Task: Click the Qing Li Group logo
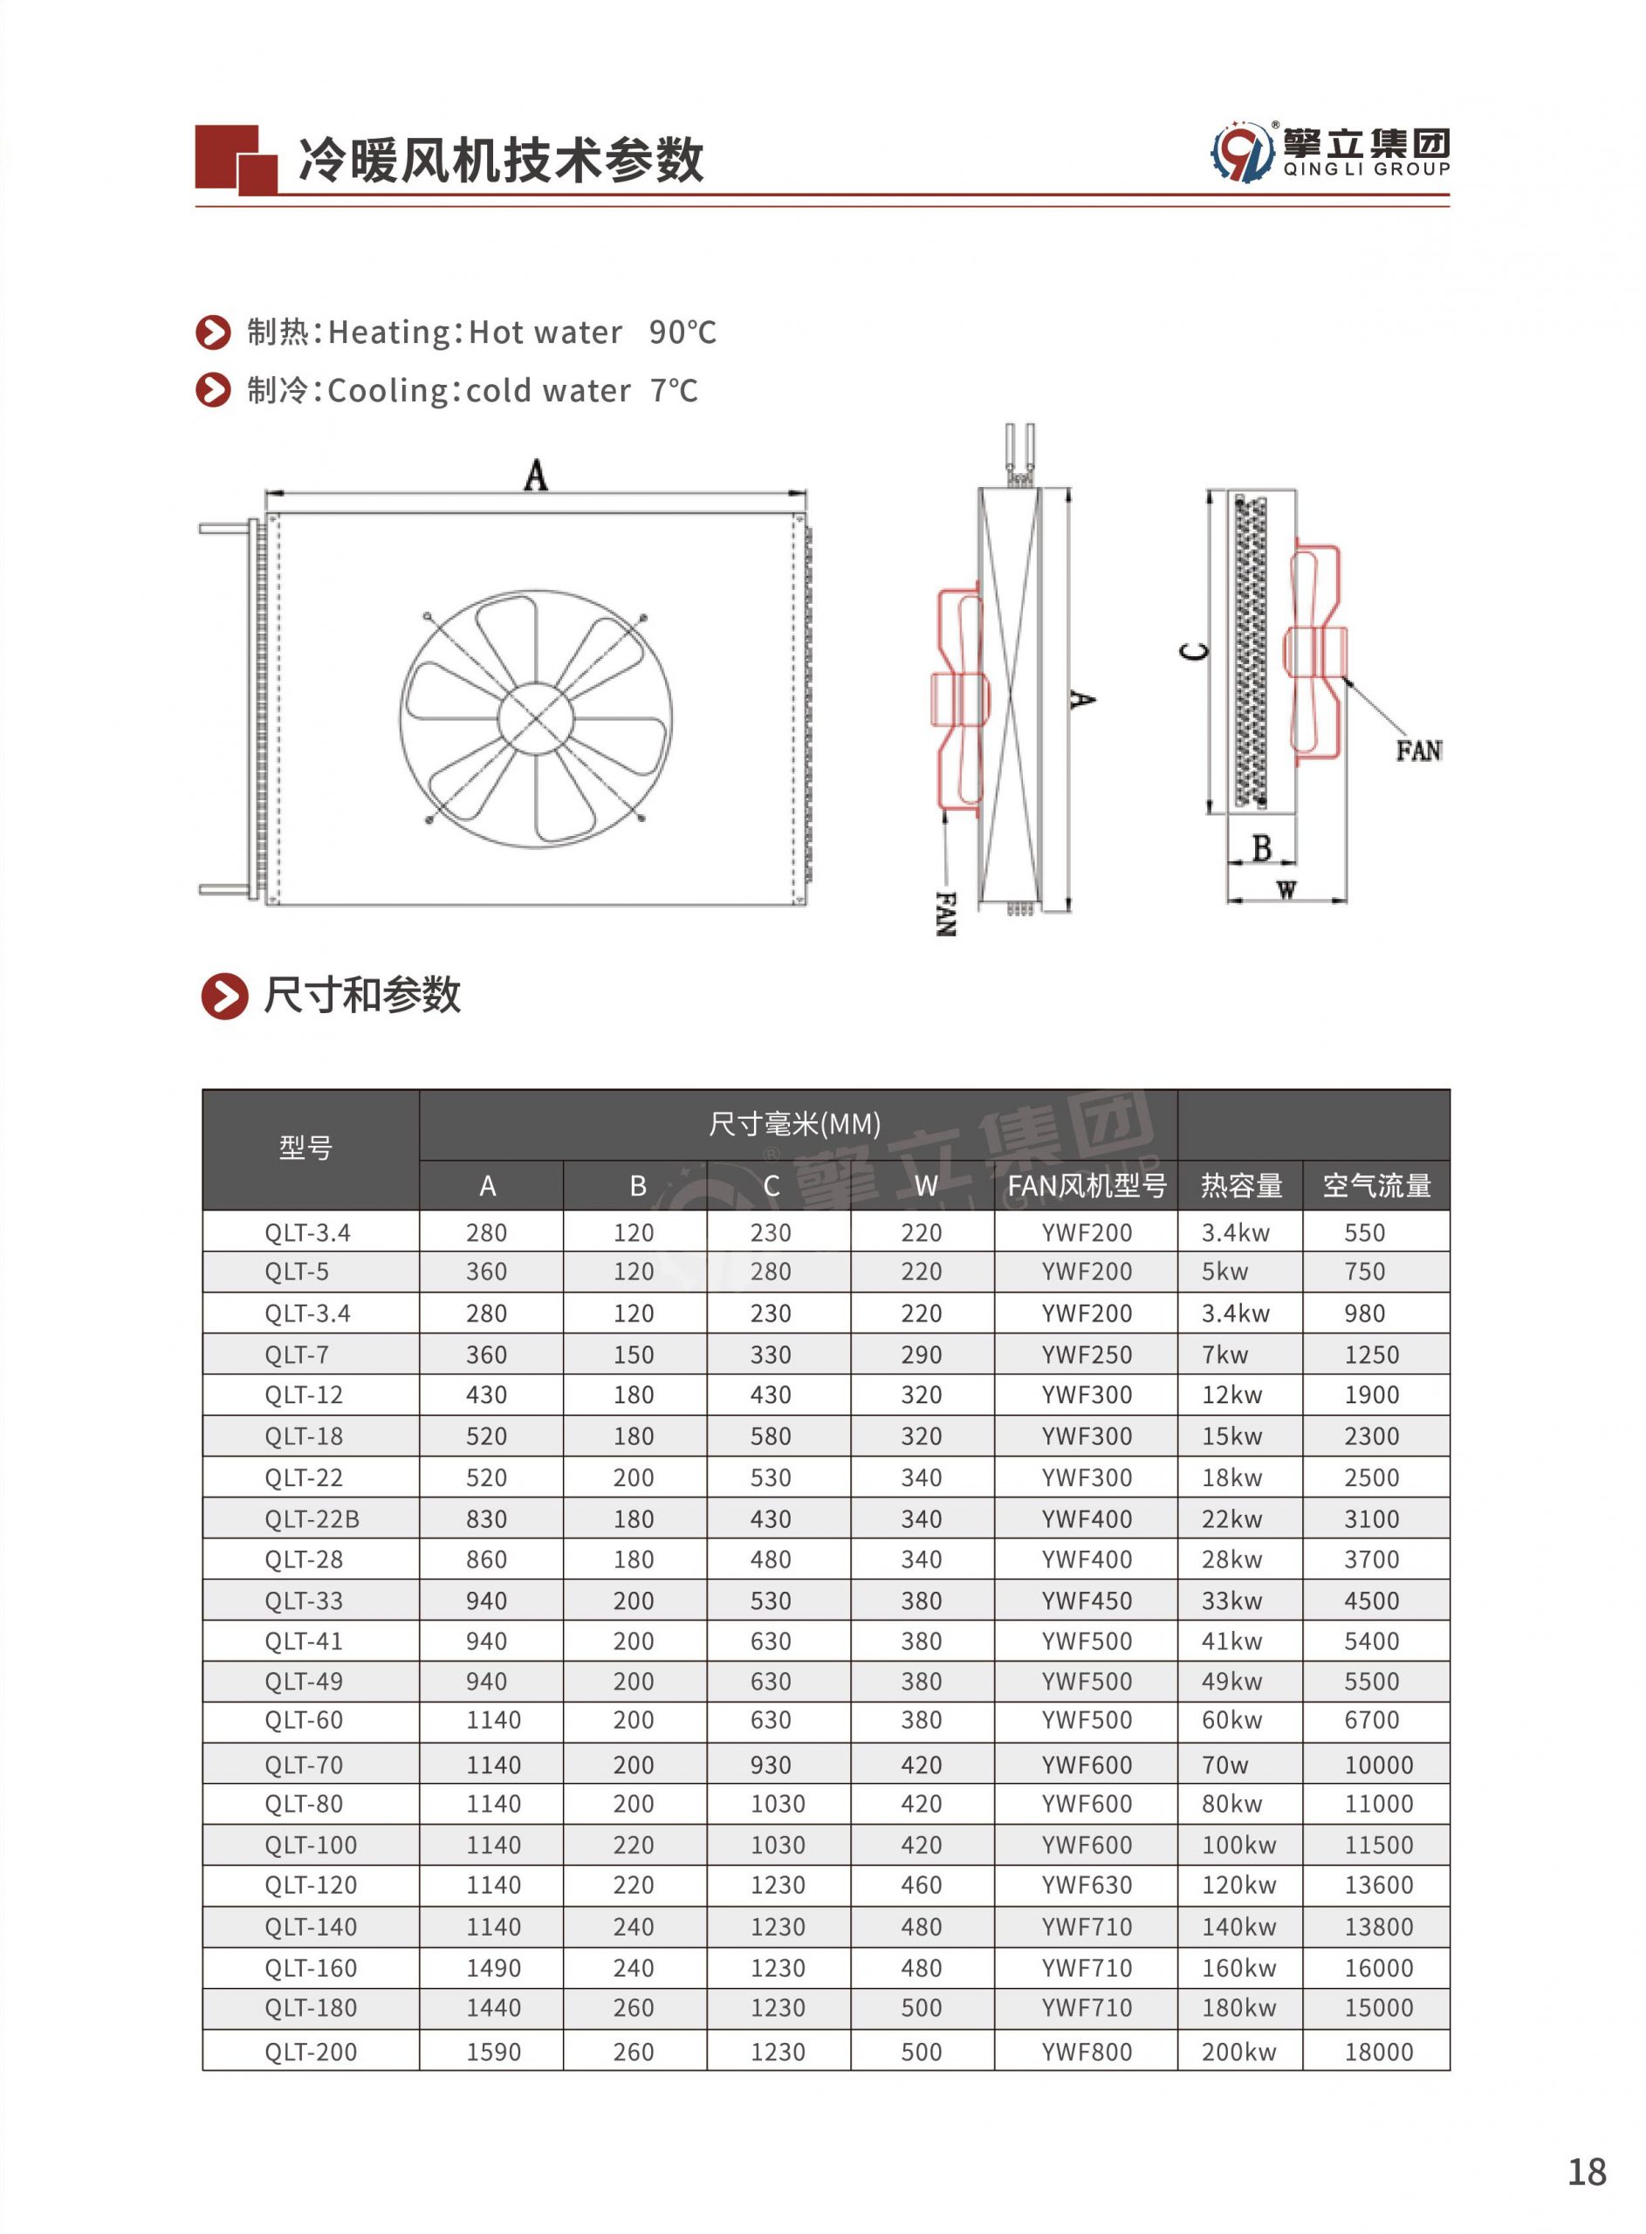pos(1330,153)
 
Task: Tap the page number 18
pos(1587,2171)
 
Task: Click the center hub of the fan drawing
pos(536,718)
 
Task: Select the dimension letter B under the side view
pos(1261,848)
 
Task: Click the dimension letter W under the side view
pos(1286,889)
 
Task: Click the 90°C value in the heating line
pos(682,332)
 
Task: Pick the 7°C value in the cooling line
pos(674,390)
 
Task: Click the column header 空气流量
pos(1376,1185)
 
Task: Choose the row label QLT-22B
pos(312,1519)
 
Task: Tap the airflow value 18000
pos(1378,2052)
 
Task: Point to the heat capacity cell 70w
pos(1224,1765)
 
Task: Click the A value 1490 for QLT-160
pos(493,1968)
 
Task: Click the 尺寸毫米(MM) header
pos(794,1125)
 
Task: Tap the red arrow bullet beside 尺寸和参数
pos(224,996)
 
